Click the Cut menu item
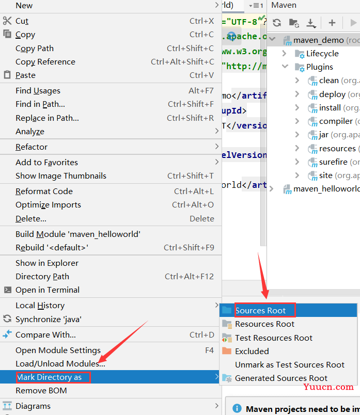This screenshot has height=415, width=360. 22,21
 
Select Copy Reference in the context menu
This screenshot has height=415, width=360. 45,61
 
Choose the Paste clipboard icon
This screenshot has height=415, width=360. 7,75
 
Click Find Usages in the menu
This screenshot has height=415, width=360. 38,91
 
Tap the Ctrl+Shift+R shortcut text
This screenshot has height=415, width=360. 190,118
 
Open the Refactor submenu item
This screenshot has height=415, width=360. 32,147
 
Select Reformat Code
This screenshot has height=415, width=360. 44,191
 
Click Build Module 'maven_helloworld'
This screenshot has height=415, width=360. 78,234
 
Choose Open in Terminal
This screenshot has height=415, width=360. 48,290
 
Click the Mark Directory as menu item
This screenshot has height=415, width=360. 49,377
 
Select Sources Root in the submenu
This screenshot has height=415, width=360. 260,310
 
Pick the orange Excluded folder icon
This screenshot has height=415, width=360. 227,351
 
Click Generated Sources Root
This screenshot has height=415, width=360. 281,378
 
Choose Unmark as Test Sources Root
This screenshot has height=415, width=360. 290,365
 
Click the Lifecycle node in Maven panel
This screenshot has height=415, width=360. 322,54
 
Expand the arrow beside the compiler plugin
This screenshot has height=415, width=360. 297,121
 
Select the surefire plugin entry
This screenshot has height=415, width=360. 333,162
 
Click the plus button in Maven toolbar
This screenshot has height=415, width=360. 332,23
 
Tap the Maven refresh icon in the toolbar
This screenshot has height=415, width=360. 277,23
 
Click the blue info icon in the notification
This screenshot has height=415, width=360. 237,408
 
